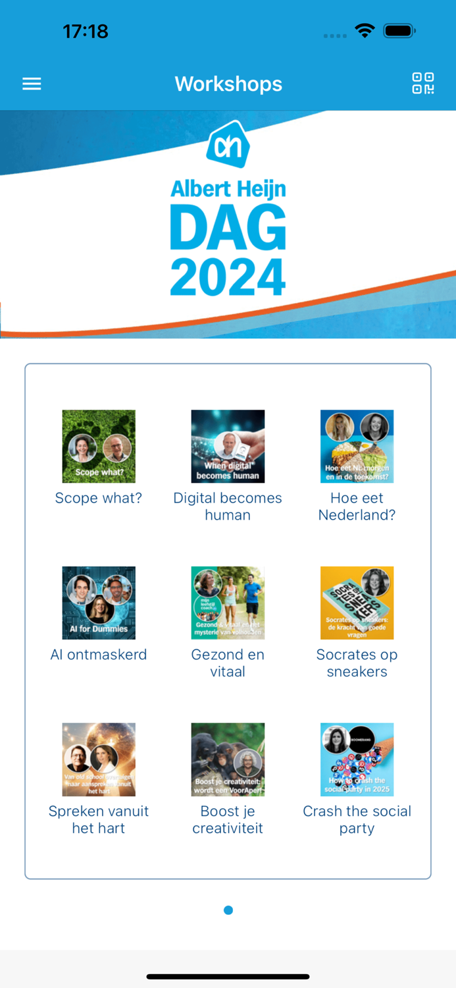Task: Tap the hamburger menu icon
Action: [x=32, y=84]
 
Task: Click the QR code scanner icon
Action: [x=423, y=84]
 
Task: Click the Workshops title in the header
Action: [x=228, y=84]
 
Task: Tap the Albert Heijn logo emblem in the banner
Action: [x=228, y=146]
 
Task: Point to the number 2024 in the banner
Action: [x=228, y=277]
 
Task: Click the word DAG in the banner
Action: [x=228, y=227]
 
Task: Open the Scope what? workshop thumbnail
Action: [x=99, y=447]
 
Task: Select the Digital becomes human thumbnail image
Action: [x=228, y=447]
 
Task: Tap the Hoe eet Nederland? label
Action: [x=357, y=507]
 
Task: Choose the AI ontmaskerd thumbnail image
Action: [x=99, y=603]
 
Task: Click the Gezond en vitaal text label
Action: [x=228, y=663]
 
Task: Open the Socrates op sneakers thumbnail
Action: [x=357, y=603]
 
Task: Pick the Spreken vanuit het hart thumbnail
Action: [x=99, y=759]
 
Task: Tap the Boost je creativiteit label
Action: [x=228, y=819]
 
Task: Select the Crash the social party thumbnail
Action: [x=357, y=759]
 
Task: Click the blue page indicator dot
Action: [x=228, y=910]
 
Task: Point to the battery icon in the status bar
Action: [x=399, y=31]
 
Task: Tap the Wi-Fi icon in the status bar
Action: [x=364, y=30]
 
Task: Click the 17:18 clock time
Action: [x=86, y=31]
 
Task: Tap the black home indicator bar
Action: [x=228, y=976]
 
